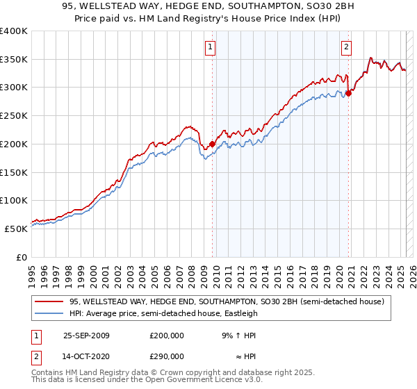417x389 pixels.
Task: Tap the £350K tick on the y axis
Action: (x=15, y=60)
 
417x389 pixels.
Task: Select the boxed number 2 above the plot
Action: (x=345, y=47)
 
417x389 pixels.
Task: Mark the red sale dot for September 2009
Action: (x=211, y=144)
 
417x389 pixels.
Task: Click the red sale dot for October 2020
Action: (x=348, y=94)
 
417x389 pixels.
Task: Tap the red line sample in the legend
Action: (x=49, y=302)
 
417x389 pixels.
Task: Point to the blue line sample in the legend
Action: (x=49, y=313)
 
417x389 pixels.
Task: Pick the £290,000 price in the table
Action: (x=167, y=356)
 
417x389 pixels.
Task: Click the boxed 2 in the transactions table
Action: (x=34, y=356)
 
